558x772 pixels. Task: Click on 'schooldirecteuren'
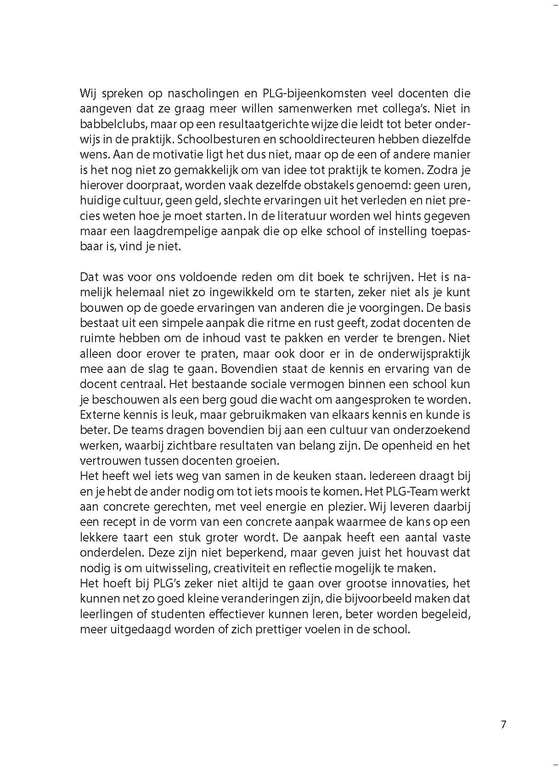[x=345, y=140]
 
